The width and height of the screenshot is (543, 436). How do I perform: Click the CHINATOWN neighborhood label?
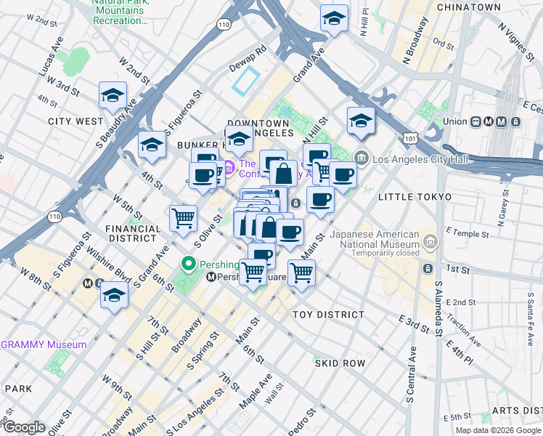(468, 7)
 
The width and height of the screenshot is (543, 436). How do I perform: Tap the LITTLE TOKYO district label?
(414, 197)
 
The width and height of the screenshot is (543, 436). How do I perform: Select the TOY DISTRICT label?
(328, 315)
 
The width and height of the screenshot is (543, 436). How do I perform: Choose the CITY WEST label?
(75, 121)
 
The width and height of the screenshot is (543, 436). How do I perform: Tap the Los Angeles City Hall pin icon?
(362, 158)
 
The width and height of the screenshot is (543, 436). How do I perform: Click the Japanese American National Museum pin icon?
(430, 240)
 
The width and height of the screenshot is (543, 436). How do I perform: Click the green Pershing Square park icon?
(189, 264)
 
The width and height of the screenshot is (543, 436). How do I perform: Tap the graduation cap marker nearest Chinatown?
(334, 19)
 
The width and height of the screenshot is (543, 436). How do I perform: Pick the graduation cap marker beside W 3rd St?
(113, 94)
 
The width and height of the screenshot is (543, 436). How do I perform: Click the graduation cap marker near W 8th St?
(113, 295)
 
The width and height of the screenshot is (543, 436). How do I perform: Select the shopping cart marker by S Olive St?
(184, 217)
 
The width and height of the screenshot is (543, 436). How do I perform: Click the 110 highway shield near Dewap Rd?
(224, 25)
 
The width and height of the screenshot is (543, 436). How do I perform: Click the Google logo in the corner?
(24, 427)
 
